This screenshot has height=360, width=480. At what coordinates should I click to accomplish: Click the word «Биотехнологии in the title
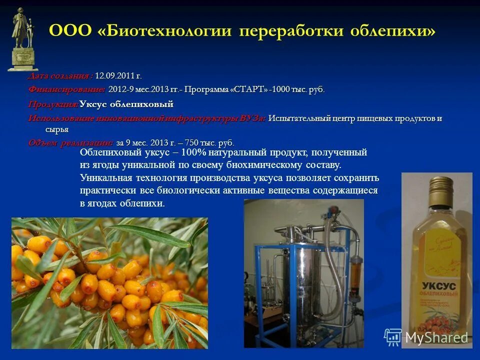(165, 31)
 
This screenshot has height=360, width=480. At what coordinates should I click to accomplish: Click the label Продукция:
(52, 104)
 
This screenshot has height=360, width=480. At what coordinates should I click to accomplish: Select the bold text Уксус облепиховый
(126, 104)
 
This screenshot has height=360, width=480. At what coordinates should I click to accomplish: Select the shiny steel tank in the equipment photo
(299, 285)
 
